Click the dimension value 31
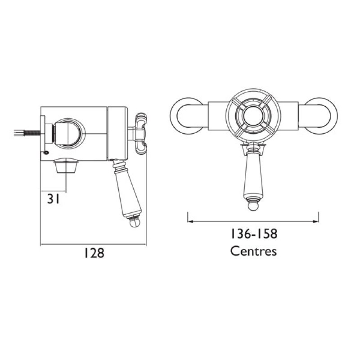53,199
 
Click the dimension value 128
94,253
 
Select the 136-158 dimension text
253,234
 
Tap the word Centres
253,251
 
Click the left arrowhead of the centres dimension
189,221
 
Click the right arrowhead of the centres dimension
316,221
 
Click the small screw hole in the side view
47,152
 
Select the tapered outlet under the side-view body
66,165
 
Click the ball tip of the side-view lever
133,222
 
